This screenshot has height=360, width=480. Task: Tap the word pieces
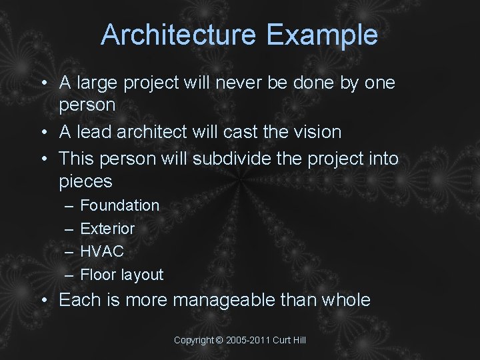pyautogui.click(x=85, y=181)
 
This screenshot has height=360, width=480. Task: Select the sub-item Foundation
pyautogui.click(x=120, y=205)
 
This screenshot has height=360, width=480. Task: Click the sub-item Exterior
pyautogui.click(x=107, y=229)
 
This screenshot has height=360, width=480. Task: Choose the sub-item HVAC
pyautogui.click(x=102, y=252)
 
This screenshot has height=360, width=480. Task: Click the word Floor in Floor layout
pyautogui.click(x=95, y=275)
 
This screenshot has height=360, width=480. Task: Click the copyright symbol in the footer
pyautogui.click(x=220, y=341)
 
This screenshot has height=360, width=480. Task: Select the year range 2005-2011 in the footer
pyautogui.click(x=248, y=341)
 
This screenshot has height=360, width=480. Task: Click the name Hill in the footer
pyautogui.click(x=299, y=341)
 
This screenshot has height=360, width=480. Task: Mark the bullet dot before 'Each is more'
pyautogui.click(x=43, y=301)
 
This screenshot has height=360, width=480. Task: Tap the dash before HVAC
pyautogui.click(x=68, y=252)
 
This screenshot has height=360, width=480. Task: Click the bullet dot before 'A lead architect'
pyautogui.click(x=43, y=133)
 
